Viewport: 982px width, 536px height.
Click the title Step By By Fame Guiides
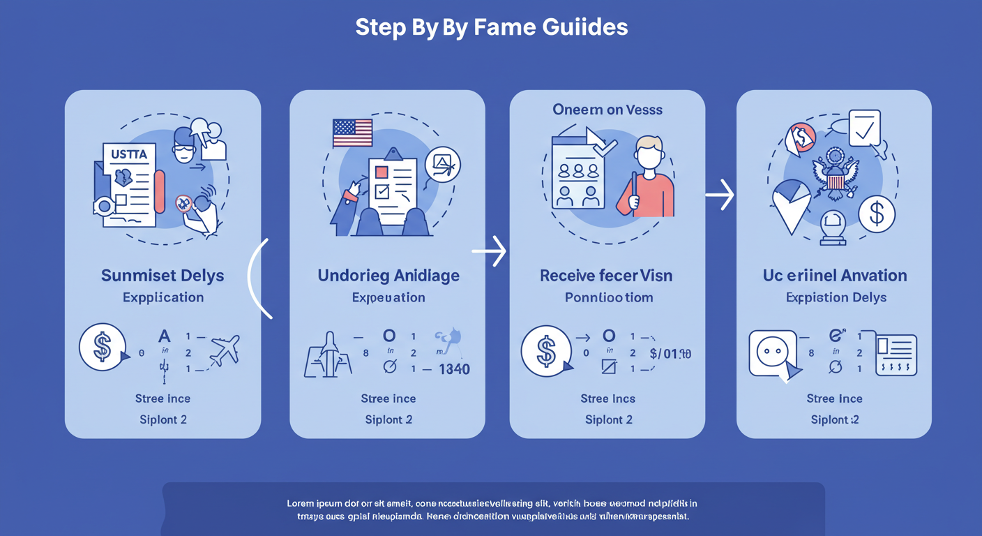coord(491,27)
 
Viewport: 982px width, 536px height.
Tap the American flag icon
coord(352,133)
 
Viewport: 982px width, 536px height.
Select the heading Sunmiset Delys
coord(163,275)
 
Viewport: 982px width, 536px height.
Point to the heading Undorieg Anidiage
coord(388,275)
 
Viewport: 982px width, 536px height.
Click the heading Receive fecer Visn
coord(606,275)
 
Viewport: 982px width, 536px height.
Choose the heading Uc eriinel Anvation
coord(835,275)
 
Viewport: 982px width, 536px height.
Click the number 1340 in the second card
coord(454,368)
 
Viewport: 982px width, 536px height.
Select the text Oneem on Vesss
coord(607,110)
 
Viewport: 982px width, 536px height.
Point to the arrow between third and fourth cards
coord(720,195)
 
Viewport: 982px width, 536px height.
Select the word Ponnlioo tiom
coord(608,297)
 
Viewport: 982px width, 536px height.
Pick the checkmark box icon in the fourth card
coord(864,128)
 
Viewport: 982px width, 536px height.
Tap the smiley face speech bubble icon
coord(771,353)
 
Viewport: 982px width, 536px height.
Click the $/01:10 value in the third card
coord(670,353)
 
